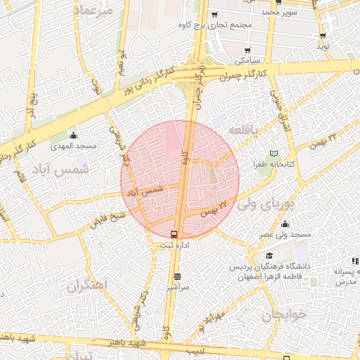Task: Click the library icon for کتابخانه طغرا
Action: pyautogui.click(x=274, y=153)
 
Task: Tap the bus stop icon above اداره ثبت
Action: pyautogui.click(x=174, y=234)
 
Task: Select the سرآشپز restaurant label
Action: pyautogui.click(x=178, y=288)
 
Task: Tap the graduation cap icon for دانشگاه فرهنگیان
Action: pyautogui.click(x=269, y=255)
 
